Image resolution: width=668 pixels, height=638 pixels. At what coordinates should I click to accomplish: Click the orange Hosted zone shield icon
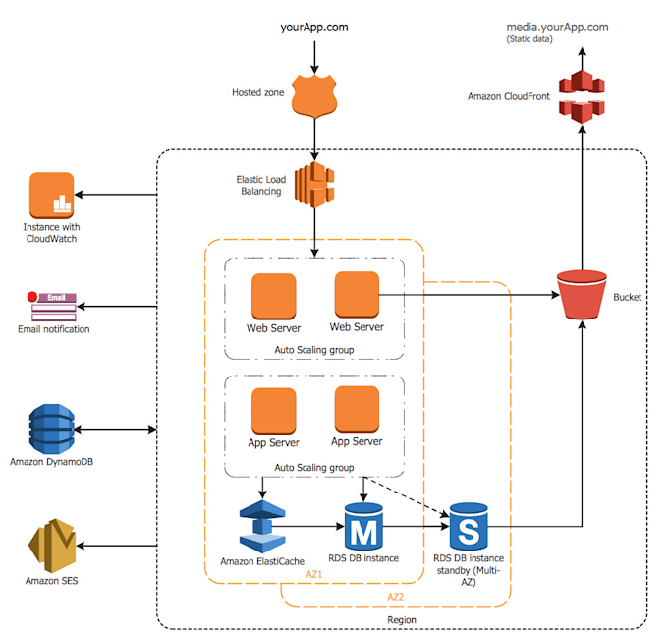(314, 96)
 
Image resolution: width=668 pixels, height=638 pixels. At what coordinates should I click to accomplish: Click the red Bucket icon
(581, 294)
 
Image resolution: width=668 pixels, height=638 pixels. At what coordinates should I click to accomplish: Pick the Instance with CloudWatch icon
(52, 197)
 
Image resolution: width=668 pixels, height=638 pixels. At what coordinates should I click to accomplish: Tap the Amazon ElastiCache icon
(262, 528)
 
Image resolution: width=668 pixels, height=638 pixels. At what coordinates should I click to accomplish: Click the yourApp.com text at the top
(314, 27)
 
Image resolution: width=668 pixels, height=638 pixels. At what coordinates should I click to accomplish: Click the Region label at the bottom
(402, 620)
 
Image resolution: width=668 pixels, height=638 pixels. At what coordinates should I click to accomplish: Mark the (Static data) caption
(530, 40)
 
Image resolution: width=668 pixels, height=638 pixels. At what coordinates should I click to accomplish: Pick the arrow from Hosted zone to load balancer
(314, 138)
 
